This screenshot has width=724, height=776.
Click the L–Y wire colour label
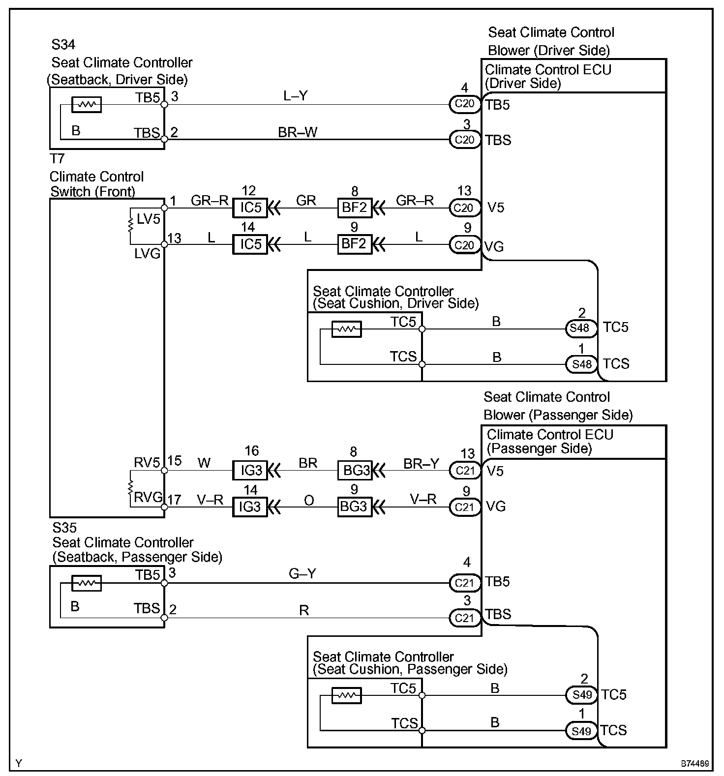(296, 95)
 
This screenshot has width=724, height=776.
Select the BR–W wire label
(298, 132)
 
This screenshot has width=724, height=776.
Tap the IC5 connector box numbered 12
(250, 208)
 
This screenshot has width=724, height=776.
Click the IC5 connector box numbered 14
(250, 244)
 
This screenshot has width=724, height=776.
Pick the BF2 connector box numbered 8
(355, 208)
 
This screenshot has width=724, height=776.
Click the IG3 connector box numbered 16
(250, 470)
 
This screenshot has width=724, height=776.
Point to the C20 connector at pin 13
(464, 208)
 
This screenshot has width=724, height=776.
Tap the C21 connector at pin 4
(464, 583)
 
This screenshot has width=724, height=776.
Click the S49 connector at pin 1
(581, 731)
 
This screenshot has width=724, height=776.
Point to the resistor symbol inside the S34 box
(87, 105)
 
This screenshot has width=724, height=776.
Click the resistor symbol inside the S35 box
(87, 583)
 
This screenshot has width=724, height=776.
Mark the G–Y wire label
(302, 573)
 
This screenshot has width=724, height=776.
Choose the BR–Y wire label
(421, 464)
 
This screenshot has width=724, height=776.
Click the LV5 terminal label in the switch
(149, 219)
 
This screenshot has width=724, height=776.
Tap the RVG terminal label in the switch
(148, 497)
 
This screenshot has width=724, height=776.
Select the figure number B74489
(695, 764)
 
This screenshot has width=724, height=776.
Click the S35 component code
(64, 528)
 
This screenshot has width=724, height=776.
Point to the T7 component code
(58, 158)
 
